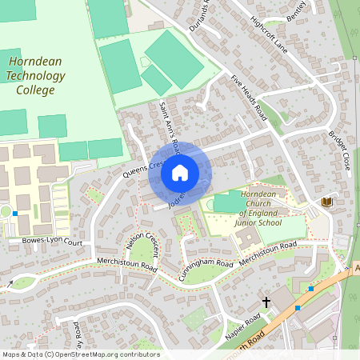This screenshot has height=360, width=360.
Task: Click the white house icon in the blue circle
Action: coord(180,173)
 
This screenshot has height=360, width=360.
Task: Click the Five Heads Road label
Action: coord(248,97)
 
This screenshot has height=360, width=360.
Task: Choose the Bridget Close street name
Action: coord(339,151)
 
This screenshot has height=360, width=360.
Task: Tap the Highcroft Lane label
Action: coord(268,33)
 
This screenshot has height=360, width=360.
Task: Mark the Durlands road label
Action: coord(200,14)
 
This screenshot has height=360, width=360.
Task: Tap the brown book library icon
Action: coord(326,202)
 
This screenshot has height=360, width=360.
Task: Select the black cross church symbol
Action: coord(267,303)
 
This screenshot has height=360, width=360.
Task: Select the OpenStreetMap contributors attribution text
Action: coord(80,354)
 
